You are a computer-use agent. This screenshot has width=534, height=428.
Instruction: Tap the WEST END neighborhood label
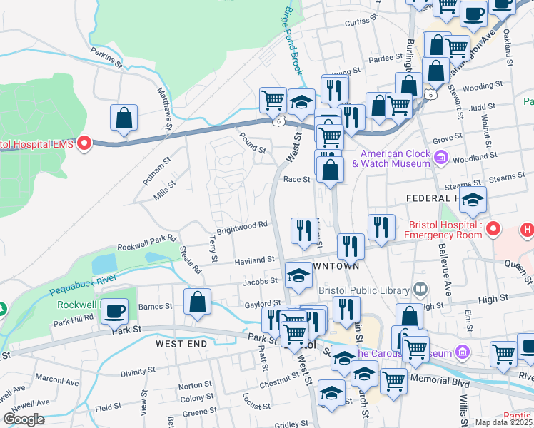(181, 344)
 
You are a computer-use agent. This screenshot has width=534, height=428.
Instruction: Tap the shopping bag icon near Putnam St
(124, 119)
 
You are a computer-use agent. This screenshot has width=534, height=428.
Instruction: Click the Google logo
(24, 419)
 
